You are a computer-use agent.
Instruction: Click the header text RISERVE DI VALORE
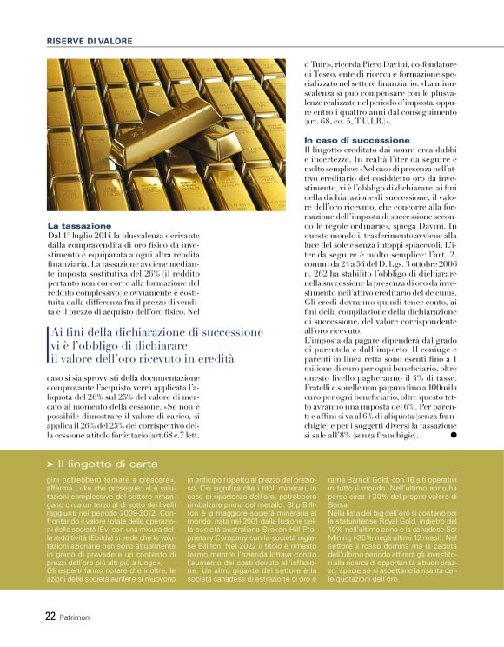coord(90,41)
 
